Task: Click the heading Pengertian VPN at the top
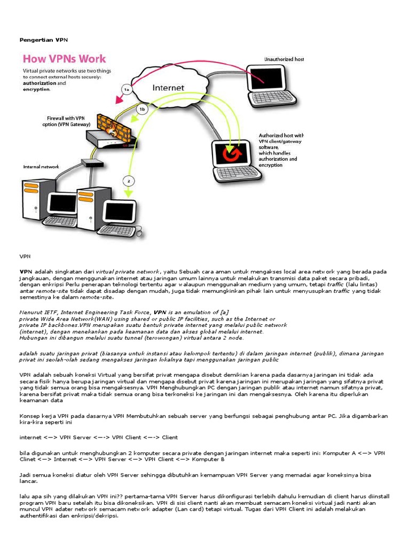coord(44,40)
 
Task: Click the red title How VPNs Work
coord(64,59)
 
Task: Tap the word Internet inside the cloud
coord(168,88)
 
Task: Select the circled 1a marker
coord(127,90)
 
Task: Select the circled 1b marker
coord(142,110)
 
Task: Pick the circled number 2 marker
coord(128,179)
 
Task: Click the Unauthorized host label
coord(283,59)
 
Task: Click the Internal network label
coord(41,167)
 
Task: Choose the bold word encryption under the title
coord(36,90)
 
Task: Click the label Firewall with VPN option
coord(65,121)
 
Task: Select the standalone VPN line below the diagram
coord(25,257)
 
